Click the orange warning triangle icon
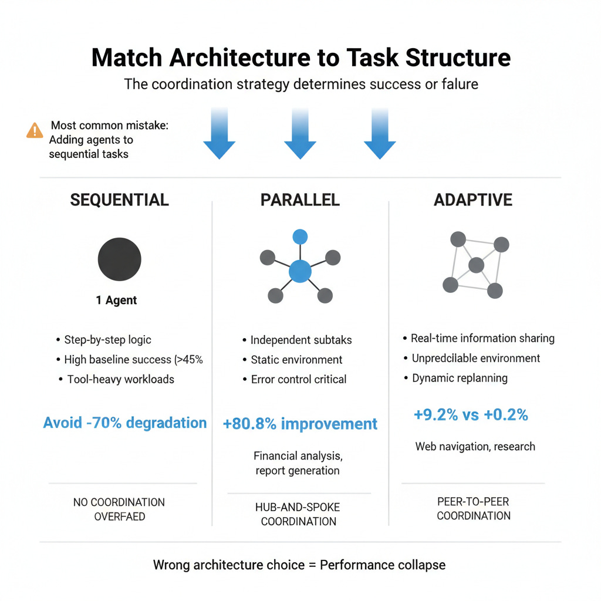[x=35, y=130]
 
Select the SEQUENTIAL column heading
[x=119, y=200]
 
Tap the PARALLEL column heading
[x=300, y=200]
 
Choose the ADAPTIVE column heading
[x=473, y=200]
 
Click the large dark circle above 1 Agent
[x=120, y=259]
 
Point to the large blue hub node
[x=300, y=271]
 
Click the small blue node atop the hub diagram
[x=300, y=237]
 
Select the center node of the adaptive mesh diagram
[x=477, y=265]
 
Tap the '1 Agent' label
[x=116, y=300]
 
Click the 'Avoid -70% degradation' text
[x=125, y=423]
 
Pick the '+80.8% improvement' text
[x=300, y=424]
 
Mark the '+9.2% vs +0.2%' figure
[x=471, y=415]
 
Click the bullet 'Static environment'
[x=296, y=360]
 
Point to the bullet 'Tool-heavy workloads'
[x=121, y=380]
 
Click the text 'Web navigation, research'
[x=475, y=447]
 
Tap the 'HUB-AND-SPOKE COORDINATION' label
[x=298, y=514]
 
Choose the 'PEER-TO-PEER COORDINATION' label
[x=474, y=509]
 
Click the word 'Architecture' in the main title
[x=240, y=58]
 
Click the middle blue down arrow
[x=300, y=133]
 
